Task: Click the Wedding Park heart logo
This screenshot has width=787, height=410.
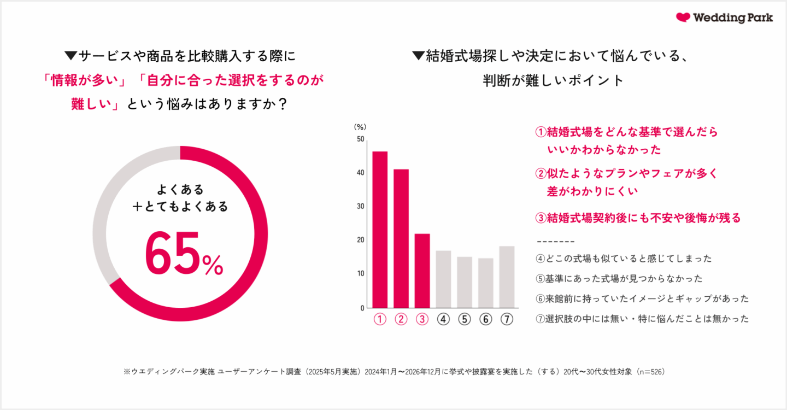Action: [683, 17]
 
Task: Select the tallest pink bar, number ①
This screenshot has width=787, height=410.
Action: [380, 230]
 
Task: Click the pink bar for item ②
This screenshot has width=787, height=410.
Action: [401, 238]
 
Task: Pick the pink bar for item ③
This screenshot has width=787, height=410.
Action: [422, 271]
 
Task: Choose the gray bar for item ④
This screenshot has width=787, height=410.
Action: [443, 279]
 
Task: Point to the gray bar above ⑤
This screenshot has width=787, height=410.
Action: [465, 282]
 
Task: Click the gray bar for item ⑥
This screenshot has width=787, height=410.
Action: [486, 283]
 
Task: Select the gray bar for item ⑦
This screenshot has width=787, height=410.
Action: [507, 277]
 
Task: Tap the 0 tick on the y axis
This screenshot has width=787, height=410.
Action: [362, 308]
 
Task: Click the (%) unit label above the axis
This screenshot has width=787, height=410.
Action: [360, 127]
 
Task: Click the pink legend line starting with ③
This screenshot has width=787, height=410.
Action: [637, 218]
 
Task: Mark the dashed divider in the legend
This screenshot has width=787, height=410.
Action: [556, 241]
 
